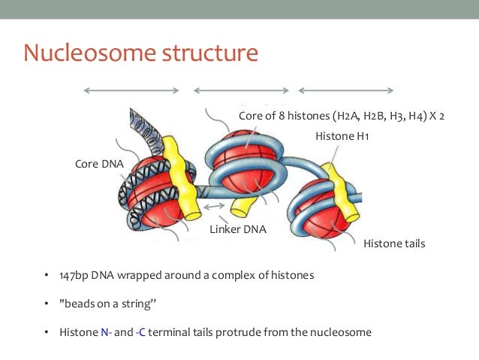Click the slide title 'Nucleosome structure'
[x=140, y=53]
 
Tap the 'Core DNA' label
[x=99, y=163]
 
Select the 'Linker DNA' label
[x=237, y=228]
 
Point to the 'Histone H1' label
[x=342, y=136]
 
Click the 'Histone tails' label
[x=394, y=244]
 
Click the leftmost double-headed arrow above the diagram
[x=131, y=91]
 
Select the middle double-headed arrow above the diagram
[x=240, y=91]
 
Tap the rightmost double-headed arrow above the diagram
[x=346, y=91]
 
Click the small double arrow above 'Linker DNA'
[x=214, y=205]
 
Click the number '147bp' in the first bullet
[x=74, y=275]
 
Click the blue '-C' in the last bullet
[x=140, y=331]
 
